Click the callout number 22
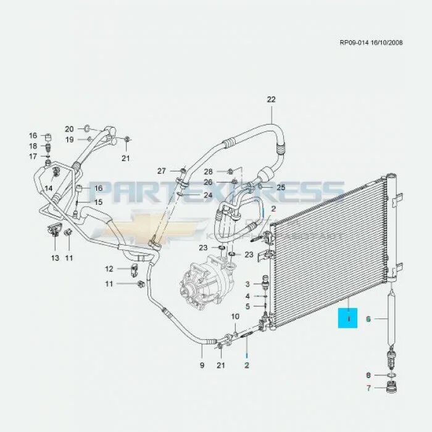point(271,99)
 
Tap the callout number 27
point(162,171)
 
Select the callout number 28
point(208,171)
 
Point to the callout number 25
point(280,187)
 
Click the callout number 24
point(208,196)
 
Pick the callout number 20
point(69,129)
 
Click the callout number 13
point(55,258)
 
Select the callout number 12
point(109,268)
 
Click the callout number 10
point(235,317)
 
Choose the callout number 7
point(368,389)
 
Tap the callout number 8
point(368,375)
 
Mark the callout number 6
point(368,319)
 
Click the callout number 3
point(247,284)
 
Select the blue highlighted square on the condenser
point(349,319)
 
